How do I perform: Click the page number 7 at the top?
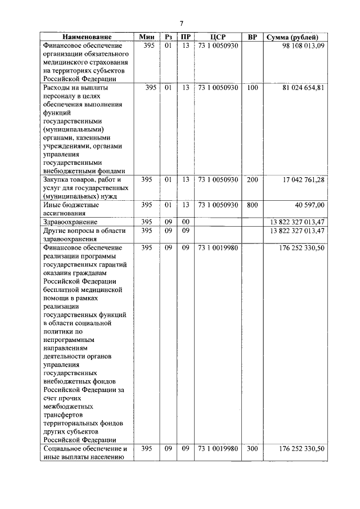tap(181, 23)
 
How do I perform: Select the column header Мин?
tap(147, 37)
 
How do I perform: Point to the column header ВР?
tap(253, 37)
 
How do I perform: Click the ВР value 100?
tap(253, 88)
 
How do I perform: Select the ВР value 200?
tap(253, 180)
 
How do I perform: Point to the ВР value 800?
tap(253, 205)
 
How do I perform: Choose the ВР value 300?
tap(253, 449)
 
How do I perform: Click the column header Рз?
tap(168, 37)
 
